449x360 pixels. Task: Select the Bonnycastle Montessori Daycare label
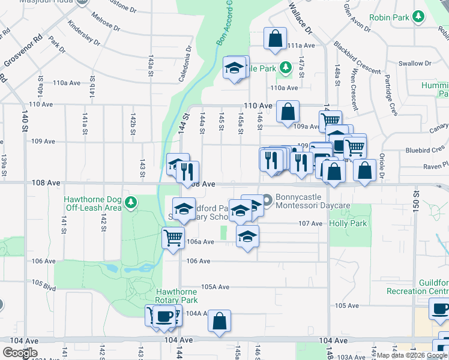(313, 201)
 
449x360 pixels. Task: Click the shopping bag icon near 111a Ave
(274, 38)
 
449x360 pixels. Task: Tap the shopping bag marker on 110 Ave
(288, 110)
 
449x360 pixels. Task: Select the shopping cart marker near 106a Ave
(173, 238)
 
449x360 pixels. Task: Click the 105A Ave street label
(215, 287)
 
